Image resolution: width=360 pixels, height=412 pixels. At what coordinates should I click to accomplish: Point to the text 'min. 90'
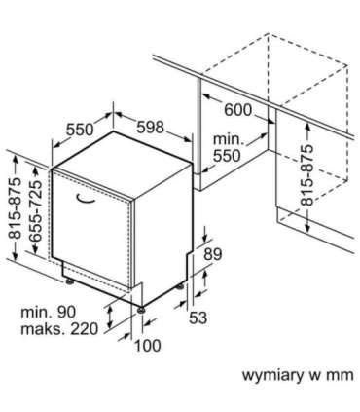coord(49,312)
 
